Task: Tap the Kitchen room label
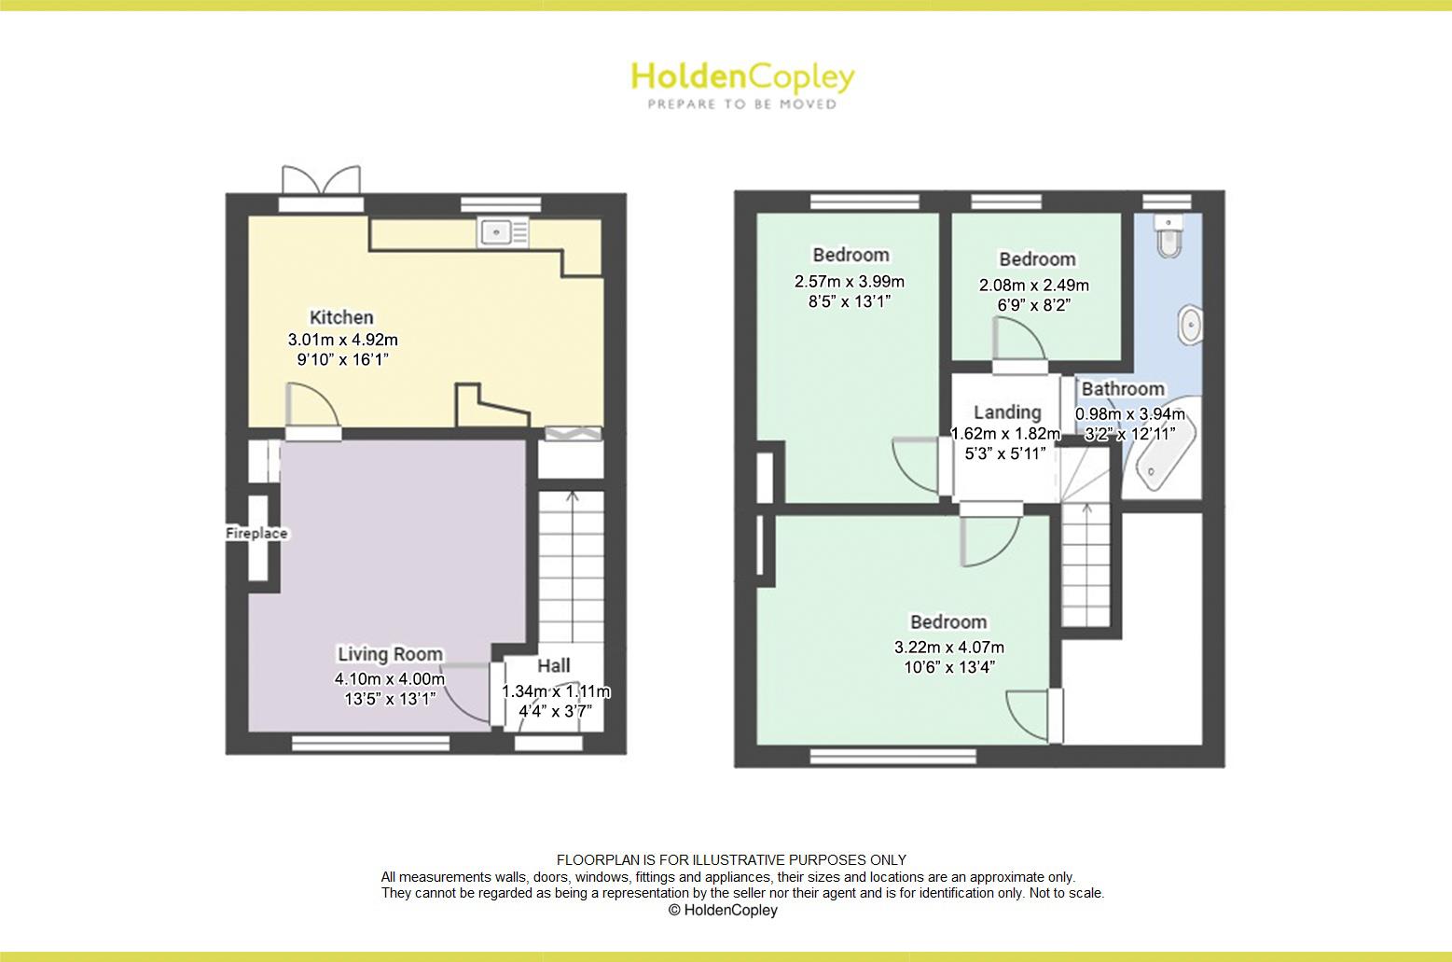tap(341, 317)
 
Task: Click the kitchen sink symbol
tap(503, 231)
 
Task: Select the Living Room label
tap(390, 654)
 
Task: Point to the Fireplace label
tap(256, 534)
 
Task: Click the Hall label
tap(554, 666)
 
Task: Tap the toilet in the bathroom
tap(1168, 236)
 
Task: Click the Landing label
tap(1007, 411)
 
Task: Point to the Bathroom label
tap(1123, 389)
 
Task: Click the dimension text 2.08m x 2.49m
tap(1034, 285)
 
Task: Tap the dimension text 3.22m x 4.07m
tap(948, 647)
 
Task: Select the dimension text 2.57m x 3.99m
tap(849, 281)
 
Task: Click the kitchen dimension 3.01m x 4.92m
tap(342, 340)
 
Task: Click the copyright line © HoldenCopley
tap(723, 910)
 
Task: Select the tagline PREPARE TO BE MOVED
tap(741, 105)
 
